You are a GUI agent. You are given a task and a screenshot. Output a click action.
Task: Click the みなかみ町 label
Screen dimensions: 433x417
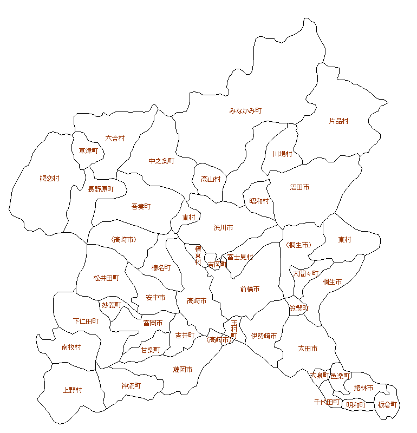tap(245, 110)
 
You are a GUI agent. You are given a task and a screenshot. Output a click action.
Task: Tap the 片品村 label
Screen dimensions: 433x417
tap(338, 121)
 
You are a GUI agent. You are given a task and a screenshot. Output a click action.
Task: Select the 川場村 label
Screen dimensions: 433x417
tap(282, 154)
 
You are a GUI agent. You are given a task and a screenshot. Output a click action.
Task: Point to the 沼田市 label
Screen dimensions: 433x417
tap(299, 187)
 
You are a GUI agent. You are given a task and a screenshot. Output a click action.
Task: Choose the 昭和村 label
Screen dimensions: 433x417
tap(259, 201)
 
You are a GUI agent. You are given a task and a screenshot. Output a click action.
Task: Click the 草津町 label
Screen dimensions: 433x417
tap(88, 150)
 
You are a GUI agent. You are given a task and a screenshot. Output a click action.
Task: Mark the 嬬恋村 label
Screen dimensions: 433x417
tap(49, 178)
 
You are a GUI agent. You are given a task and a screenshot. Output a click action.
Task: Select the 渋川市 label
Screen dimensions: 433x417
tap(223, 228)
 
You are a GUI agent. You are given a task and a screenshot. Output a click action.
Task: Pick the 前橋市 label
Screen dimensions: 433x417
tap(250, 289)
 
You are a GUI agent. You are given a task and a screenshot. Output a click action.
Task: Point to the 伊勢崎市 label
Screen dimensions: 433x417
tap(264, 336)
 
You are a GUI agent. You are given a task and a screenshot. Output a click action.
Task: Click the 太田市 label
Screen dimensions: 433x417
tap(308, 348)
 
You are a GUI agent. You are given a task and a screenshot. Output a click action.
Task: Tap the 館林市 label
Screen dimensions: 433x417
tap(363, 388)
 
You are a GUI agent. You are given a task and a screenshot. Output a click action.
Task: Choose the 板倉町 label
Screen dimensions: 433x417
tap(387, 404)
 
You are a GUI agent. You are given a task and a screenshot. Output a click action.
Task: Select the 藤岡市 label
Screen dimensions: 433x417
tap(183, 370)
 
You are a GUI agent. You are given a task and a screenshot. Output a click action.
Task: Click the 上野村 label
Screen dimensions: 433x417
tap(72, 390)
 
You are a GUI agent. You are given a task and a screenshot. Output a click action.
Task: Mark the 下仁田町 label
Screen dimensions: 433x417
tap(86, 321)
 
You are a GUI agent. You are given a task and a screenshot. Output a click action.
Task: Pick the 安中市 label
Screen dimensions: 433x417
tap(155, 298)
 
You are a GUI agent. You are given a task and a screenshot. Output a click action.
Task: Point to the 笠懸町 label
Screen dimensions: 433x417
tap(298, 308)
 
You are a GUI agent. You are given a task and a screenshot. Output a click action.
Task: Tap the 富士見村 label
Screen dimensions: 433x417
tap(240, 257)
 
